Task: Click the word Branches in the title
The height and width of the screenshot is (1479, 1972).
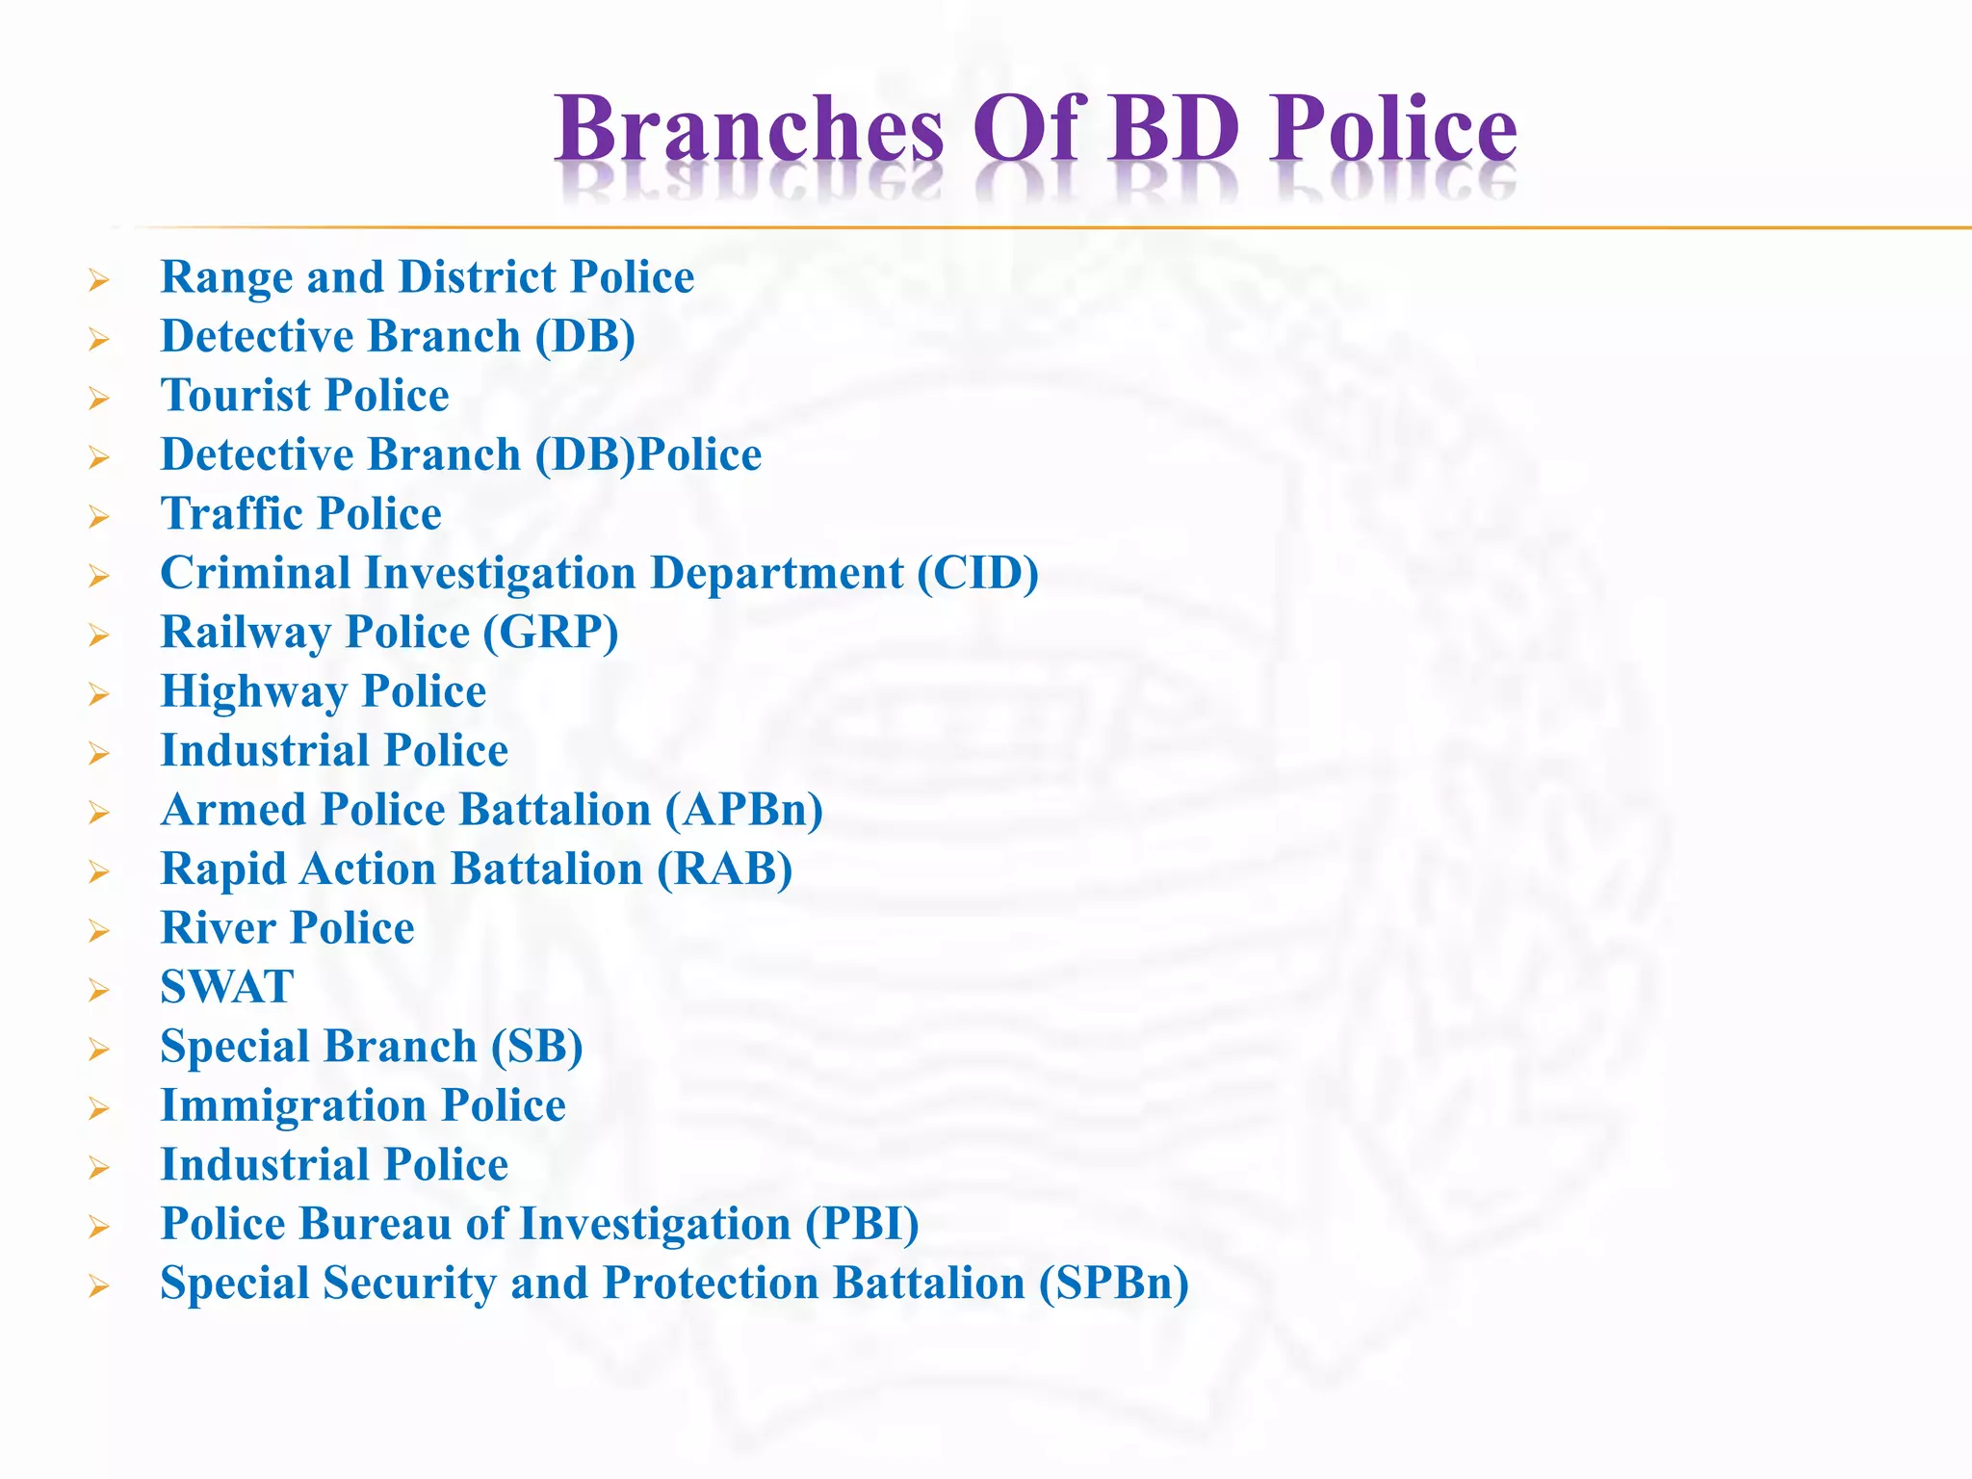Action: (749, 129)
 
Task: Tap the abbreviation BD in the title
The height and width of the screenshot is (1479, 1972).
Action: (1172, 129)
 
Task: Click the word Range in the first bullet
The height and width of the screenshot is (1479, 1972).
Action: (226, 277)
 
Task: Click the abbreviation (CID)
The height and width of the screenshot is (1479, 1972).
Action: (977, 574)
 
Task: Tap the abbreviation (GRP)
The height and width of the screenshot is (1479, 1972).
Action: (551, 633)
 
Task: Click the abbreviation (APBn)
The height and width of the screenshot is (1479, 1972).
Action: (744, 810)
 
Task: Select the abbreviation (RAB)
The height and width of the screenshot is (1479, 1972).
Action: (725, 869)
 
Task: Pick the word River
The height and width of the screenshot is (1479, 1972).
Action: (219, 928)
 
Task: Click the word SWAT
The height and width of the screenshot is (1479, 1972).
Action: (227, 987)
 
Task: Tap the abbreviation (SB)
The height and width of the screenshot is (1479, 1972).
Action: (536, 1047)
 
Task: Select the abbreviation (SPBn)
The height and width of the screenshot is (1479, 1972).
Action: (1114, 1284)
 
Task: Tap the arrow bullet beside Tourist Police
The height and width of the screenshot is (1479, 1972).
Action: (99, 398)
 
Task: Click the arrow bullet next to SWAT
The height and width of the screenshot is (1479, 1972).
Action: (99, 990)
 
